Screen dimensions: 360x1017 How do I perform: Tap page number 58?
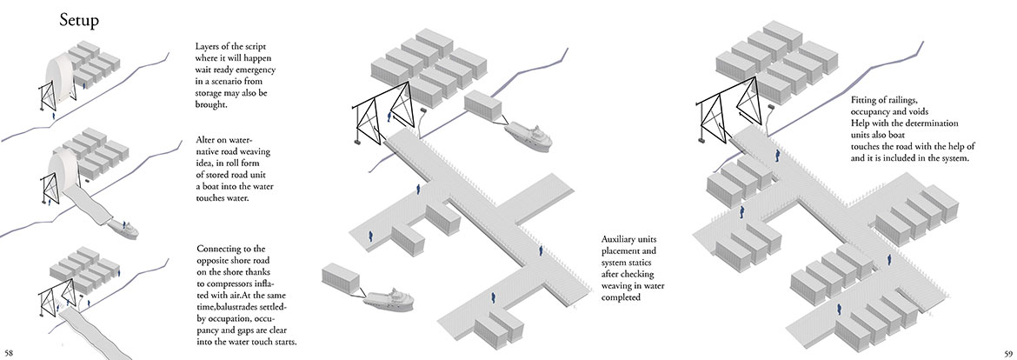pos(10,351)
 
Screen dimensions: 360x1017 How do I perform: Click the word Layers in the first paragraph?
pos(211,45)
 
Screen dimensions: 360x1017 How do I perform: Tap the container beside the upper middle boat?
pos(484,107)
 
